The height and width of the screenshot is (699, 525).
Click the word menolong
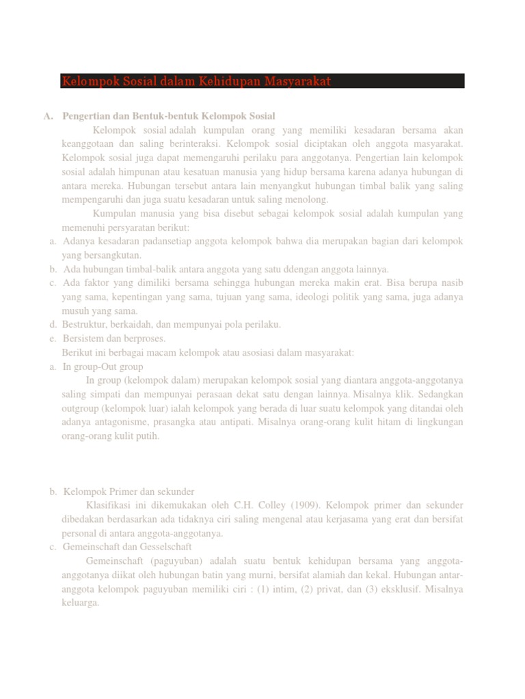pos(310,199)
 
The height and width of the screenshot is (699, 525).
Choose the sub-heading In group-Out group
pos(103,367)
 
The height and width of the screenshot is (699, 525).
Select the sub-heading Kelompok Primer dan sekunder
pos(129,491)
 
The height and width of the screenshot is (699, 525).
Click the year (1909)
pos(304,506)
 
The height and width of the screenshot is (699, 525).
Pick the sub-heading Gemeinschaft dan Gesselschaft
pos(127,547)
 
